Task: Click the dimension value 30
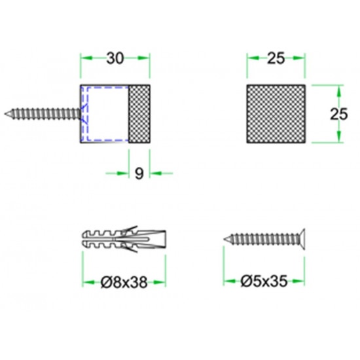115,58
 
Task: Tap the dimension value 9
139,173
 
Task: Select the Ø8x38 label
124,282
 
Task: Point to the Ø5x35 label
264,281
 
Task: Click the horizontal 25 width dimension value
276,58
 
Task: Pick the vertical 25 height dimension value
339,114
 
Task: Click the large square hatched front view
276,114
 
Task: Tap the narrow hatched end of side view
139,114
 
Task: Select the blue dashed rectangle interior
108,114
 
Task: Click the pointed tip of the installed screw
5,114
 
